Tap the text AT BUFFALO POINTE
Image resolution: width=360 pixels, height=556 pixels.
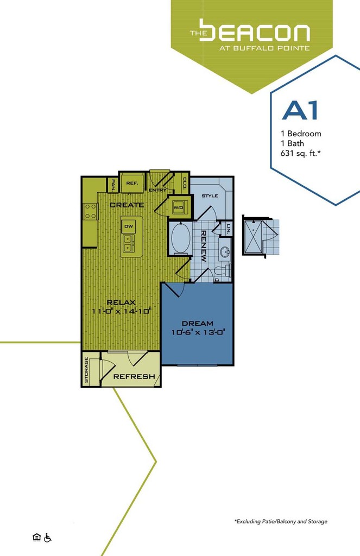(x=264, y=48)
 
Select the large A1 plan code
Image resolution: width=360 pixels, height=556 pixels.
(x=299, y=110)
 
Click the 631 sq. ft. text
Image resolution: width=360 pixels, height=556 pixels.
(x=297, y=153)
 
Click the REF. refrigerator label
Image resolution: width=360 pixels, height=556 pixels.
(x=132, y=184)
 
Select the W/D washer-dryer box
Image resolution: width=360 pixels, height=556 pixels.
(x=178, y=208)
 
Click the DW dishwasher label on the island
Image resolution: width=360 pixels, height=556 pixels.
(x=129, y=226)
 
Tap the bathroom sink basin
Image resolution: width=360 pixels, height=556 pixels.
(x=224, y=252)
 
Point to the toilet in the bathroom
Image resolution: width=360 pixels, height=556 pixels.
(x=222, y=270)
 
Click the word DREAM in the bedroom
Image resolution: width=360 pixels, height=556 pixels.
(x=198, y=323)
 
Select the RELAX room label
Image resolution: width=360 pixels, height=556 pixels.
(x=121, y=302)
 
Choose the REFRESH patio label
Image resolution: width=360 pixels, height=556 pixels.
(x=134, y=376)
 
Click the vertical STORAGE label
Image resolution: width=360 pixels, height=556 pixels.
(x=86, y=370)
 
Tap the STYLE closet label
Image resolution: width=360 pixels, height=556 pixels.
(x=209, y=195)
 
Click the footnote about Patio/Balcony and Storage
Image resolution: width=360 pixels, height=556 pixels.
(x=281, y=521)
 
